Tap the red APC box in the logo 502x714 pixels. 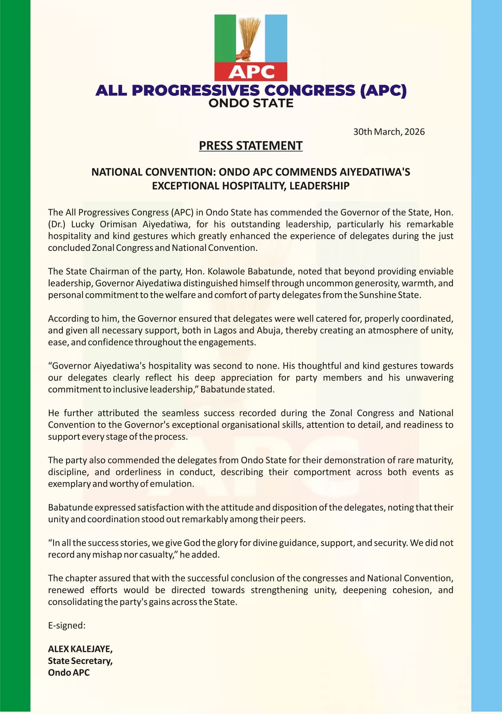point(250,71)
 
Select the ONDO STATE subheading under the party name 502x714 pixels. point(251,103)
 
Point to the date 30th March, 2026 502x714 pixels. point(389,132)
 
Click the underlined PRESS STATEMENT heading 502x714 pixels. point(250,146)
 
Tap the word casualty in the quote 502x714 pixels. point(158,555)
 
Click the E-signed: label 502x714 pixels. point(67,625)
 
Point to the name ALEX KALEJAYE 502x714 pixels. point(80,649)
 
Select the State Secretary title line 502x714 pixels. point(80,661)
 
